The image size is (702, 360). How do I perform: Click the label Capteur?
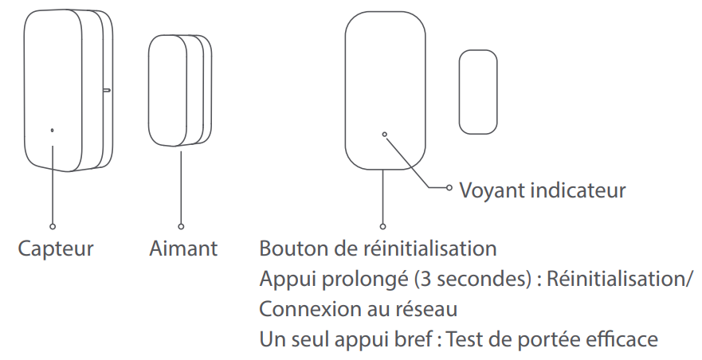tap(56, 248)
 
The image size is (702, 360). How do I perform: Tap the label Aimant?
tap(183, 248)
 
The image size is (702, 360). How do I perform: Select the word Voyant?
tap(492, 190)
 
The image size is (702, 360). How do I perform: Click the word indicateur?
tap(578, 190)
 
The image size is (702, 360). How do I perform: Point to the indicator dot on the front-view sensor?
tap(385, 135)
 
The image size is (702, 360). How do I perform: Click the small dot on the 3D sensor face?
tap(53, 131)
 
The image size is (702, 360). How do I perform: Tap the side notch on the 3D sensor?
tap(107, 91)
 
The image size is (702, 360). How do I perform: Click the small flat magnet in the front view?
tap(478, 92)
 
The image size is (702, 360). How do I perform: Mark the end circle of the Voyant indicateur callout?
tap(449, 187)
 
